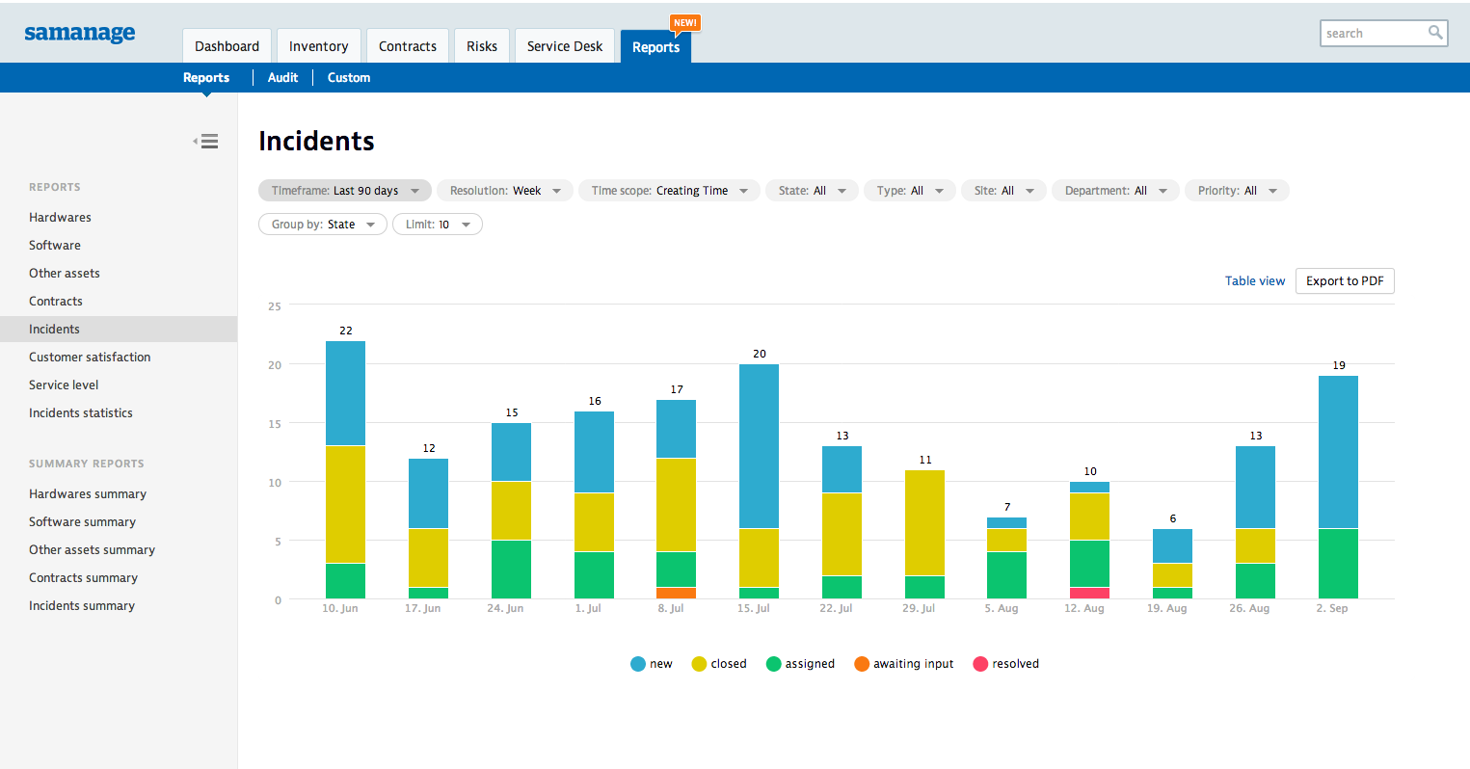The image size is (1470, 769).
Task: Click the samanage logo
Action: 80,33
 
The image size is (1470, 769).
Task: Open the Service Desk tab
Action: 564,46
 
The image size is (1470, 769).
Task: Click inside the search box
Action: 1373,34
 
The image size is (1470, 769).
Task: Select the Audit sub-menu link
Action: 282,78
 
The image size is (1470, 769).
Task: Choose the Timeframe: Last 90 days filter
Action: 344,191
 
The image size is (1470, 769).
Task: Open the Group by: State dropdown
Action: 322,225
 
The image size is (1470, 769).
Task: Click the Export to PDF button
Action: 1344,281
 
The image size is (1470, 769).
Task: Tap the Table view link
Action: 1254,281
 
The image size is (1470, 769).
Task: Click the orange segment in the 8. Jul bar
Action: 676,594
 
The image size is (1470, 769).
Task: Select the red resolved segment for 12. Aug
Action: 1089,594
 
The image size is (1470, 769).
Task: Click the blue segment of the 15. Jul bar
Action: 759,446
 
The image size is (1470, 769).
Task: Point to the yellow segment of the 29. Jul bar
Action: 924,522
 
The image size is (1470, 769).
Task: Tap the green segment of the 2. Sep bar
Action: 1338,564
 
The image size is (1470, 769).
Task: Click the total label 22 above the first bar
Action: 346,331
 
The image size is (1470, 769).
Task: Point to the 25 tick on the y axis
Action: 275,306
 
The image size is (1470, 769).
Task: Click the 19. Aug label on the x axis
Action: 1166,609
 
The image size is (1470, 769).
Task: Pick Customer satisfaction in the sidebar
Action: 90,358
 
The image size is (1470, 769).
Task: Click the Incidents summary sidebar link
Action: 82,606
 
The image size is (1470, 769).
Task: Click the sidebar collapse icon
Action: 206,142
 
